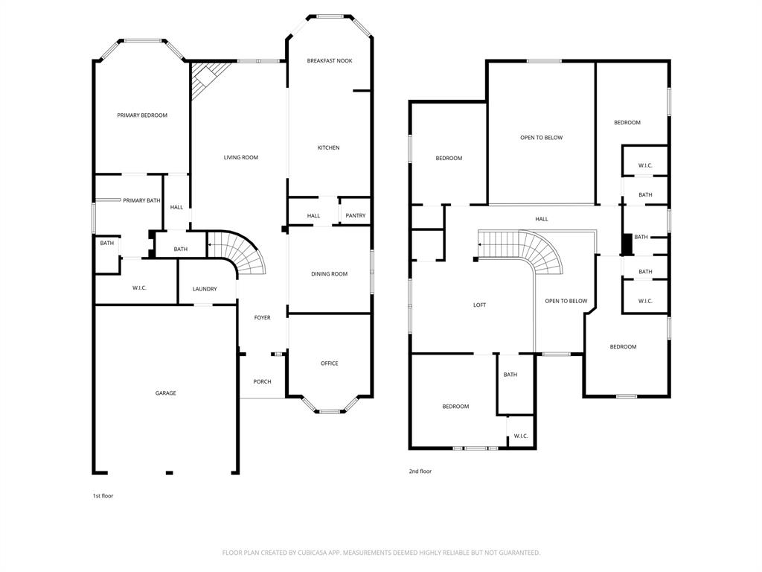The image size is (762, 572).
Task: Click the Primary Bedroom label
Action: [x=142, y=115]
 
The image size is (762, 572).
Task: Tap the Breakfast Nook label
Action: [x=330, y=61]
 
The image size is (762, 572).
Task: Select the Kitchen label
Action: [x=328, y=148]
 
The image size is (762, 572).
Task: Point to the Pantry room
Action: [x=356, y=216]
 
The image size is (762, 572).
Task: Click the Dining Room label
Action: [x=329, y=274]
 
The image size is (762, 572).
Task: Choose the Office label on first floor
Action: [x=329, y=363]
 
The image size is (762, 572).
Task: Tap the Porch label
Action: [x=262, y=382]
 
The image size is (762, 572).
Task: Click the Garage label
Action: [x=165, y=393]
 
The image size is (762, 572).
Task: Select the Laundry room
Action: [x=205, y=289]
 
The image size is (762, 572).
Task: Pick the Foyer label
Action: [x=262, y=318]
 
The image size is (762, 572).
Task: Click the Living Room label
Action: [x=241, y=157]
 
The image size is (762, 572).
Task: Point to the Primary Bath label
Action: [x=141, y=200]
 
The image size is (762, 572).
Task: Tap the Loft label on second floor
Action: [x=480, y=305]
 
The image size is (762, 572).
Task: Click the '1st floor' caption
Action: [x=103, y=495]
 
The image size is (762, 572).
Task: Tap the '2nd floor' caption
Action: [x=420, y=471]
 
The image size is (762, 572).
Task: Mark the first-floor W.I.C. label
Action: [x=139, y=288]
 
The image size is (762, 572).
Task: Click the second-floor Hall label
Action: [x=542, y=219]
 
